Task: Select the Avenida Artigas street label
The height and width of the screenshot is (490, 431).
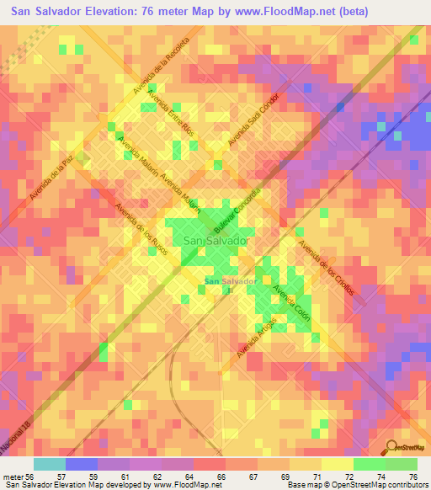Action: [x=258, y=338]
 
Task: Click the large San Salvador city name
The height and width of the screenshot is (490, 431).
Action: [x=216, y=241]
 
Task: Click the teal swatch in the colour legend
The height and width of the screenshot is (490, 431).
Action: [x=49, y=463]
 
